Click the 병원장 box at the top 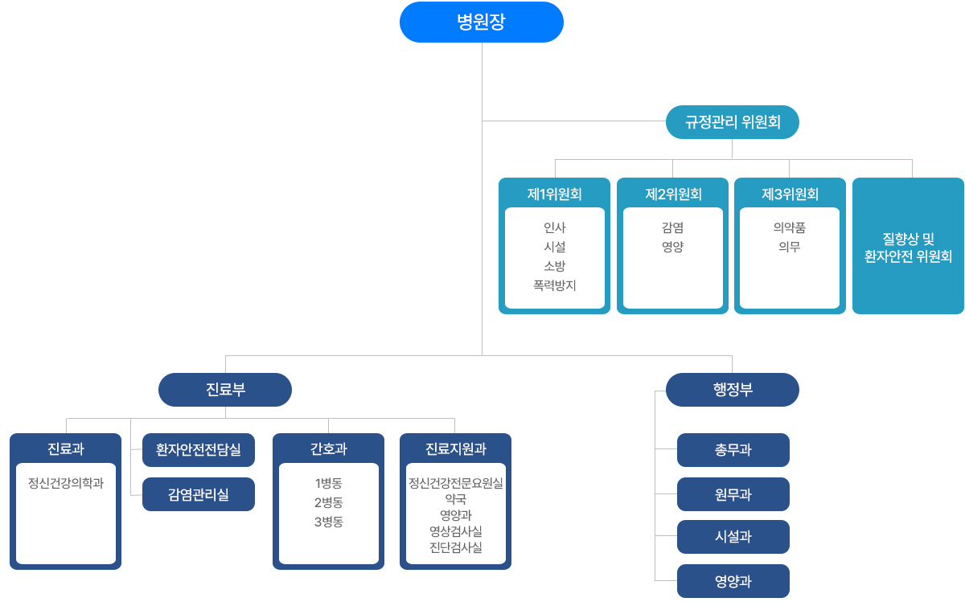[481, 22]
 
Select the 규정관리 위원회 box [732, 122]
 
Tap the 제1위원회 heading [554, 194]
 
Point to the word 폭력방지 [554, 285]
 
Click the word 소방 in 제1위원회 [554, 265]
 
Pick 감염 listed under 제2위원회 [672, 227]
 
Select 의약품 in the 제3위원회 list [789, 227]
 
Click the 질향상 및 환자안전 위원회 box [908, 247]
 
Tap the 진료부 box [225, 390]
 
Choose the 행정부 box [732, 390]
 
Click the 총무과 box [733, 450]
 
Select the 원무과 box [733, 494]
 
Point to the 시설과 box [733, 537]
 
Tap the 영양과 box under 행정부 [733, 581]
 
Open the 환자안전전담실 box [198, 450]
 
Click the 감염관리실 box [198, 494]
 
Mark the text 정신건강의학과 [66, 483]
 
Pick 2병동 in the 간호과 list [328, 502]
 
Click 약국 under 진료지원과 [455, 499]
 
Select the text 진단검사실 [455, 547]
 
